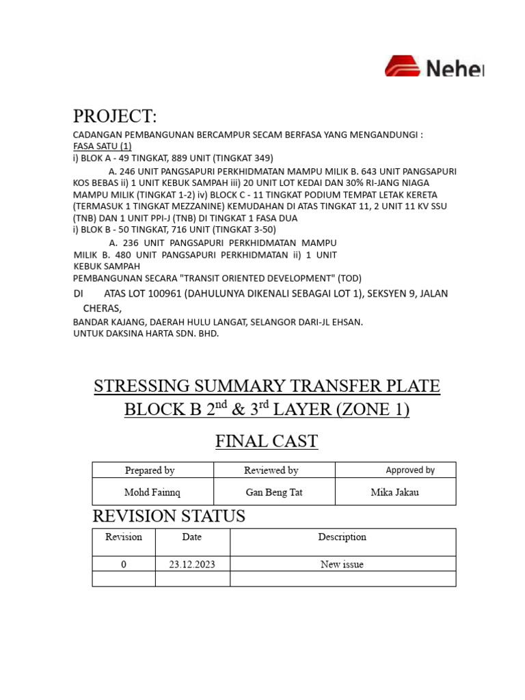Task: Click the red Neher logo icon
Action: [x=404, y=66]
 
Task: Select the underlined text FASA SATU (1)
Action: [x=103, y=146]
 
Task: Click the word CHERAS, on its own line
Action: [x=102, y=308]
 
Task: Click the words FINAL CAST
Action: [x=267, y=442]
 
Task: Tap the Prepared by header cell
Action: [x=150, y=470]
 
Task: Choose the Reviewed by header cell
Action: [x=271, y=470]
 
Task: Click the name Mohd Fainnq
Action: [x=152, y=492]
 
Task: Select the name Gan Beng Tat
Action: [x=273, y=492]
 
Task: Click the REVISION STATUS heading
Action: [x=169, y=517]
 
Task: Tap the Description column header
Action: [x=342, y=537]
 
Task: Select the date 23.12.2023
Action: [x=192, y=565]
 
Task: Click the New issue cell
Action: [x=342, y=565]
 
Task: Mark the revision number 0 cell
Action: [x=124, y=565]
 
